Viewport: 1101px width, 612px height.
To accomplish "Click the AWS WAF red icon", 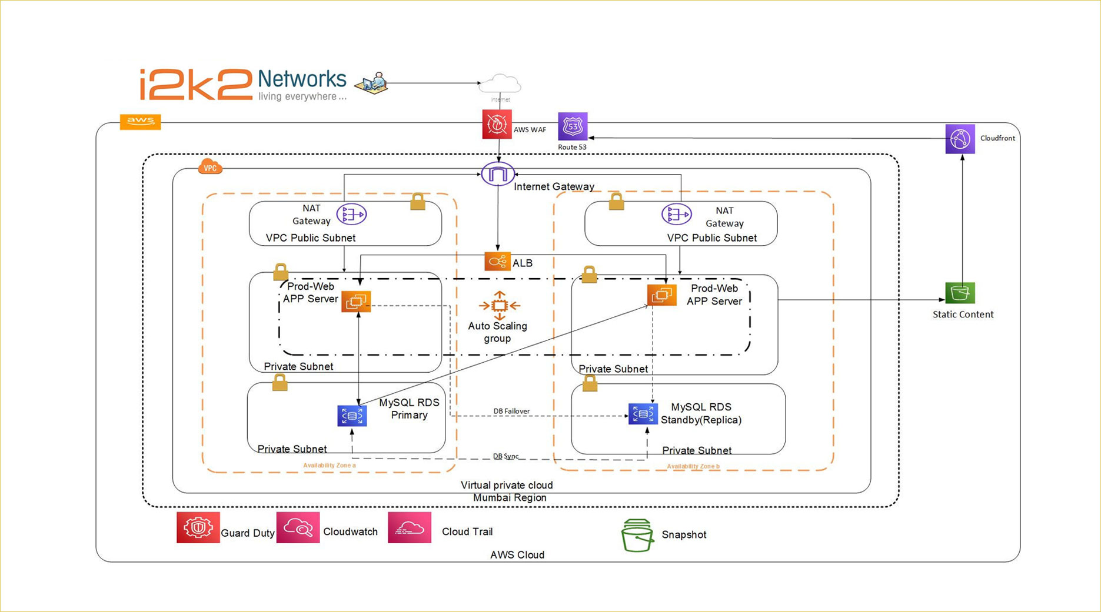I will (x=497, y=125).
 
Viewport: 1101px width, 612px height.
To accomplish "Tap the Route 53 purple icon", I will (x=572, y=126).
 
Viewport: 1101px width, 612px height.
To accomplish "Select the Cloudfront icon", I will (x=960, y=139).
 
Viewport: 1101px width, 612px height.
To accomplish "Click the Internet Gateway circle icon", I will (x=498, y=174).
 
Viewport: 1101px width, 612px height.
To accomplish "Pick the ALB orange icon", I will (x=497, y=262).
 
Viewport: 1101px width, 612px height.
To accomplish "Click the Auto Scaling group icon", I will (x=499, y=306).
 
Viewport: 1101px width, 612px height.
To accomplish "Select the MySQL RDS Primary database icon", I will (x=352, y=416).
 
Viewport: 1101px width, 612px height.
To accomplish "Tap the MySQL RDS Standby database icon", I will (x=643, y=414).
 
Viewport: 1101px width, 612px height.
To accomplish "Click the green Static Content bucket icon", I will (x=960, y=293).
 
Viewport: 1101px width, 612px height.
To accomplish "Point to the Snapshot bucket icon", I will (x=637, y=535).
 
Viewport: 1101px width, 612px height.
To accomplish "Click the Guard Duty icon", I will (x=198, y=527).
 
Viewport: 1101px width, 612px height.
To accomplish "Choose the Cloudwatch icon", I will (x=298, y=528).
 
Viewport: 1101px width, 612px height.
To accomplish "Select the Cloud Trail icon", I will (x=410, y=528).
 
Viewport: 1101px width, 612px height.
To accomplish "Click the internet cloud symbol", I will (x=500, y=84).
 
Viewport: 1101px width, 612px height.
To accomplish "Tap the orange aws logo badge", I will (x=140, y=122).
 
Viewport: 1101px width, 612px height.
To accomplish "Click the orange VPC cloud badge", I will (x=210, y=167).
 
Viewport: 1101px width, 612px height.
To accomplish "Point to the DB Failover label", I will (x=511, y=411).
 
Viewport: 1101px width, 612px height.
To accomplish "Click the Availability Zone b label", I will (x=693, y=466).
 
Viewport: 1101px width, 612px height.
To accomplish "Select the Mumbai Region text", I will (x=510, y=497).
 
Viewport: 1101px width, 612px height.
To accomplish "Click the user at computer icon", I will (x=372, y=83).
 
